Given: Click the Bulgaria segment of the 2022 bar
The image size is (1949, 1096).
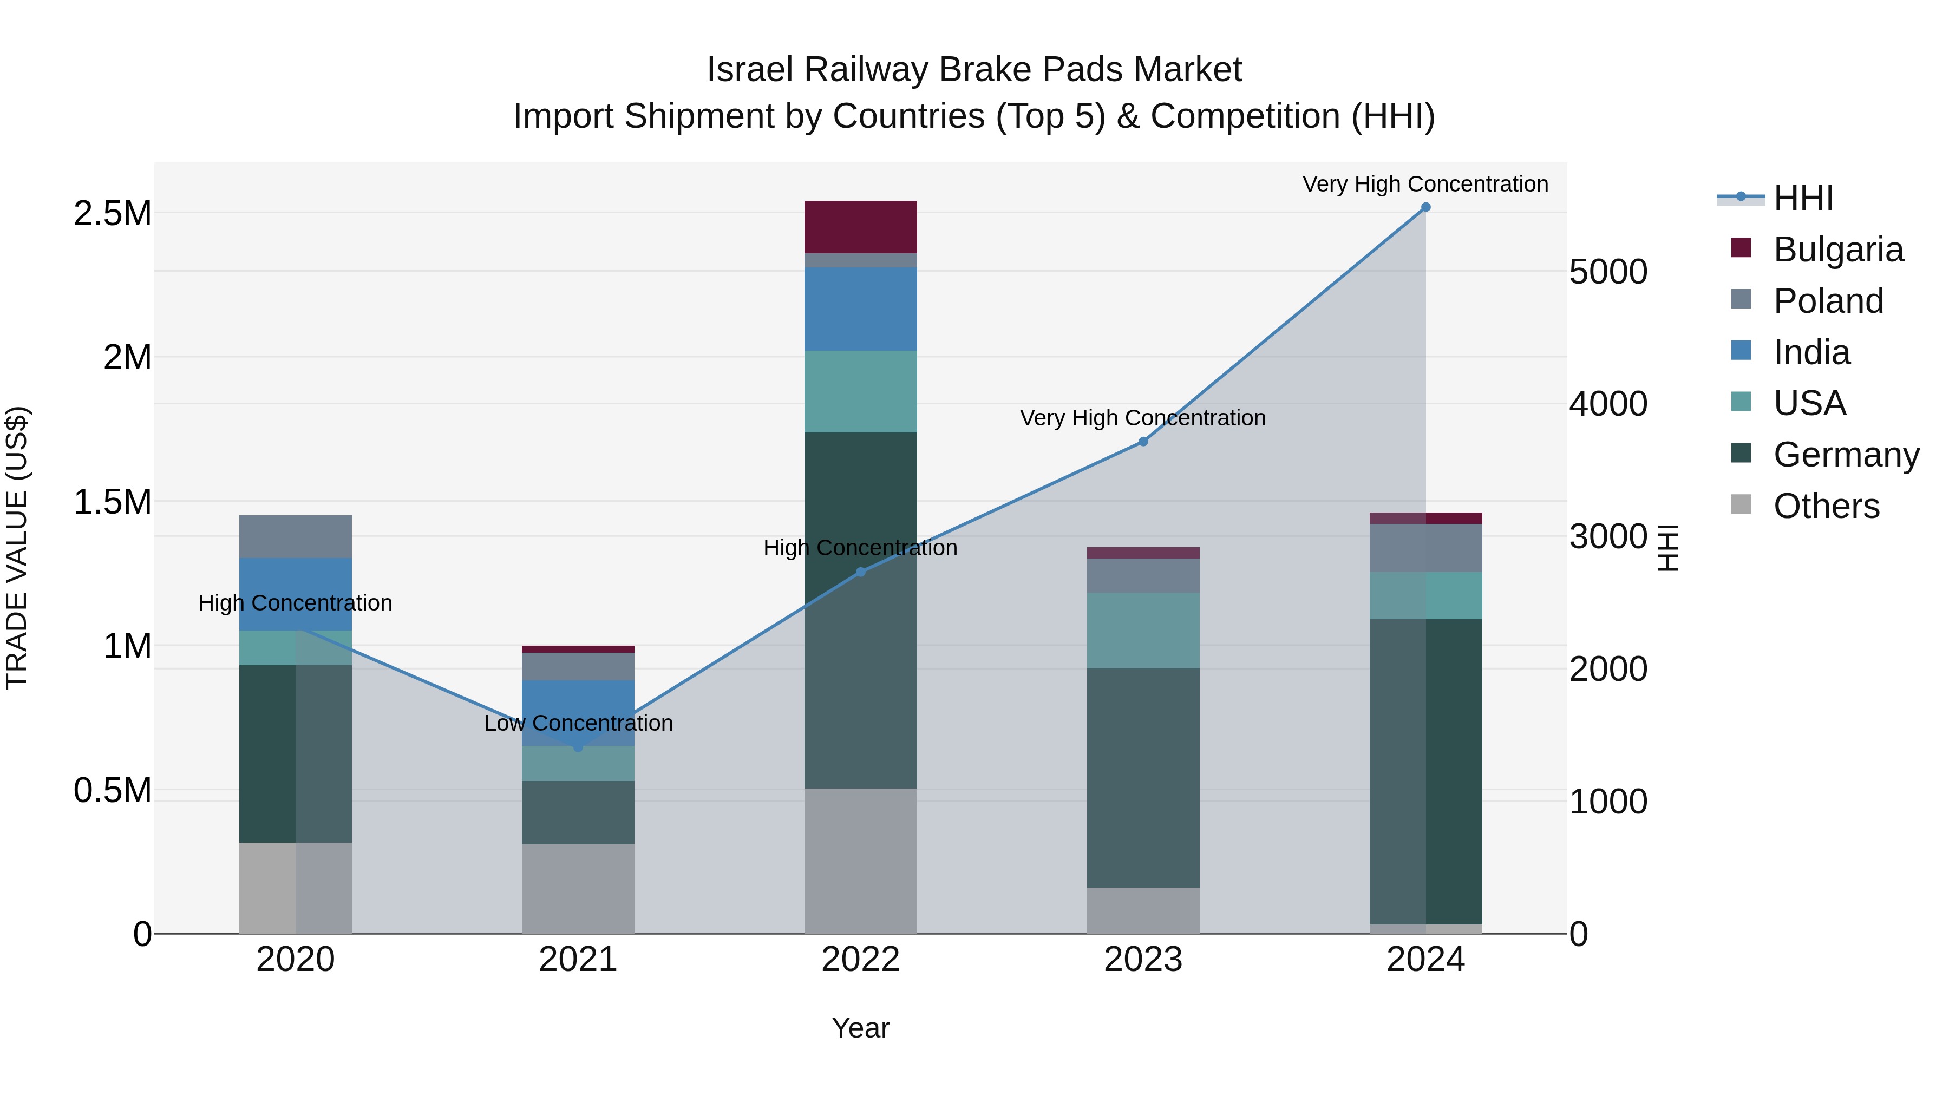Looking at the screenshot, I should click(860, 227).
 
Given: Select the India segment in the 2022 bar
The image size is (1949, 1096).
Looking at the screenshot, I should click(860, 309).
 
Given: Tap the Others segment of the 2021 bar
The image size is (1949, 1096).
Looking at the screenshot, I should click(578, 888).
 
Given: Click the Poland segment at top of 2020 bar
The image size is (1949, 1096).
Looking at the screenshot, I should click(295, 536).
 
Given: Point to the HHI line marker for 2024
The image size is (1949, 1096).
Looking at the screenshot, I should click(1425, 207).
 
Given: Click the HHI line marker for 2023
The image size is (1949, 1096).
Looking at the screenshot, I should click(1143, 442).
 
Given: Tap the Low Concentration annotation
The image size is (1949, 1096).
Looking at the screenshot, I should click(578, 723).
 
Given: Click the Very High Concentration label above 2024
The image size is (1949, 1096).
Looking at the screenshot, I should click(1425, 184).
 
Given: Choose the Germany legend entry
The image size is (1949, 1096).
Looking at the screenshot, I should click(1846, 455).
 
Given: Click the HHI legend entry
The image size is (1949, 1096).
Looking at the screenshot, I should click(1802, 198).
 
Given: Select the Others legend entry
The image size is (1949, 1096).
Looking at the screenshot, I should click(1826, 506).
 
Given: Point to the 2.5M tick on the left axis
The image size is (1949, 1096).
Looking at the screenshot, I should click(112, 214).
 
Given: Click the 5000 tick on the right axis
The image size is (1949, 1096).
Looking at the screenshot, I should click(1608, 272).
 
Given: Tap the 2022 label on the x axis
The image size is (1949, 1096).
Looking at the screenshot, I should click(860, 960).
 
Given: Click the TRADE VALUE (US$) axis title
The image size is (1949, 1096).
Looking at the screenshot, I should click(17, 548).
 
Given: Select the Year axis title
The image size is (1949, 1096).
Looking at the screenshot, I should click(860, 1028).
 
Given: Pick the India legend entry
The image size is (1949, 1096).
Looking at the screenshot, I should click(1811, 352).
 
